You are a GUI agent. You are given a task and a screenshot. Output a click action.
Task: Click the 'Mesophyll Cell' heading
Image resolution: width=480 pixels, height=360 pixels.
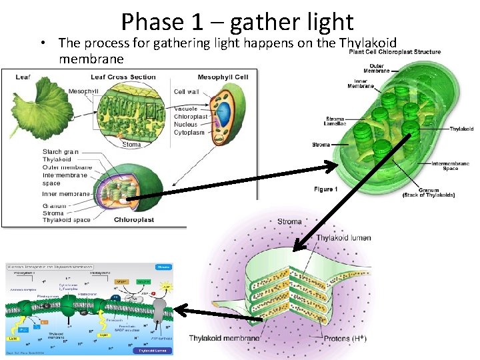pos(223,77)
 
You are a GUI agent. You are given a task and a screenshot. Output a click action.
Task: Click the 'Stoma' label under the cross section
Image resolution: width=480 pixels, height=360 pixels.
pos(131,144)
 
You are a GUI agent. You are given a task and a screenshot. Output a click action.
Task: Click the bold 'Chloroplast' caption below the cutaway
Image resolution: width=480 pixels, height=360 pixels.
pos(134,219)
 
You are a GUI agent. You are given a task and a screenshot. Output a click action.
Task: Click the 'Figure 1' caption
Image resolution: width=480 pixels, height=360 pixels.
pos(326,189)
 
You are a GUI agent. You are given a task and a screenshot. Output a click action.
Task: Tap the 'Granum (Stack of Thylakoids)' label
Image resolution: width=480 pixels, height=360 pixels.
pos(429,191)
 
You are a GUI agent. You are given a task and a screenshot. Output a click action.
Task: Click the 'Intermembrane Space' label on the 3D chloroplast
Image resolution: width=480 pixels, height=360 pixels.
pos(450,166)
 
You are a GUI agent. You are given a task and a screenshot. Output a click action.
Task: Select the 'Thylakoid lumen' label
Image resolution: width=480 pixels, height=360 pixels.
pos(343,238)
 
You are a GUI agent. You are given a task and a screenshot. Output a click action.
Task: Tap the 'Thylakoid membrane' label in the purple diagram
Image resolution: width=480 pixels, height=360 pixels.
pos(225,339)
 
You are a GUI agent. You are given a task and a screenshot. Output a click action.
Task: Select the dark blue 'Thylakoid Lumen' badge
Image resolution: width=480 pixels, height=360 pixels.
pos(153,349)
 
